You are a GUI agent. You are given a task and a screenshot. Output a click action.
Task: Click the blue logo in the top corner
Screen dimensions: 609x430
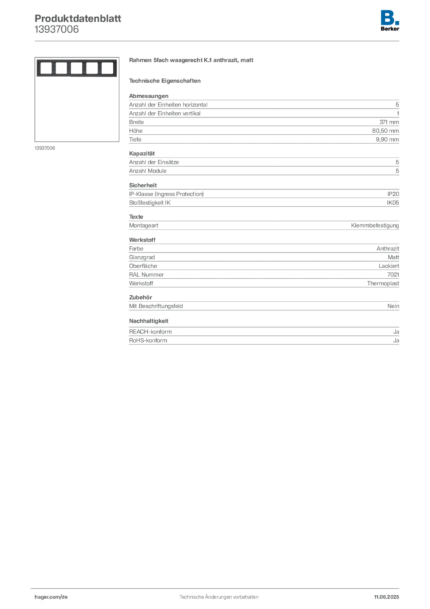tap(391, 17)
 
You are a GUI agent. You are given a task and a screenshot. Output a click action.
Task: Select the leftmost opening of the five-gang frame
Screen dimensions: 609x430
tap(45, 68)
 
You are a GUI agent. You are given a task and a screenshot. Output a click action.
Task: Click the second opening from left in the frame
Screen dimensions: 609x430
tap(60, 68)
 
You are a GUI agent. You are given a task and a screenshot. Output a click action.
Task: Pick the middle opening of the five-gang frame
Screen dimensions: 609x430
tap(75, 68)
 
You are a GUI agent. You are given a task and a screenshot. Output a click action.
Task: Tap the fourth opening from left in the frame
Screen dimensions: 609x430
tap(91, 68)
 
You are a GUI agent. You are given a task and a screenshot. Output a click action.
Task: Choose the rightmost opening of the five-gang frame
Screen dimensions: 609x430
tap(106, 68)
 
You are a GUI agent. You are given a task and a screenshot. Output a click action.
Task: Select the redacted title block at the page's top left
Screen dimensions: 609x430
tap(78, 24)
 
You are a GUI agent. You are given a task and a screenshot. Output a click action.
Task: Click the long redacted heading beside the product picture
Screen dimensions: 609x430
tap(192, 62)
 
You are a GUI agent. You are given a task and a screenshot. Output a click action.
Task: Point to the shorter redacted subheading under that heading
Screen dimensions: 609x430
tap(166, 80)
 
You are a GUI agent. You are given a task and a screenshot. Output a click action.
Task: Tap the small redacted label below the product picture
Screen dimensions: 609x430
tap(45, 148)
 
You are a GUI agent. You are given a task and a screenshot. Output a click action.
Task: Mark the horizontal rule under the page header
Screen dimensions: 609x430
tap(219, 40)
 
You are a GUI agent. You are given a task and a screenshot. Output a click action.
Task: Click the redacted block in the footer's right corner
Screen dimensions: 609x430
tap(389, 594)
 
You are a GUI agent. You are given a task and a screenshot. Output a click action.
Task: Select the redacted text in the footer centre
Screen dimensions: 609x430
tap(218, 594)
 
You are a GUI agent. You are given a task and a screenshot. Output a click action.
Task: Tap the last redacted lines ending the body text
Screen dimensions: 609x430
tap(263, 335)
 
